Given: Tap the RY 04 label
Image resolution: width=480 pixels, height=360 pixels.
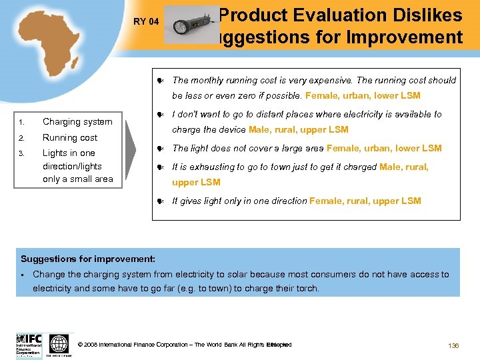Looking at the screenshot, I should (146, 22).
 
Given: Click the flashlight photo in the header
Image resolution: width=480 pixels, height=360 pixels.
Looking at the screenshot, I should (191, 25).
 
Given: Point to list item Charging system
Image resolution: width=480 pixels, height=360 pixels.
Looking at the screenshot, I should (77, 122).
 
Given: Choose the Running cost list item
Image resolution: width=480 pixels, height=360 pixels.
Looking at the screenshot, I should (70, 137).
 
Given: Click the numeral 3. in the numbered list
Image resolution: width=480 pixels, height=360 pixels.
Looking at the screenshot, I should (22, 154).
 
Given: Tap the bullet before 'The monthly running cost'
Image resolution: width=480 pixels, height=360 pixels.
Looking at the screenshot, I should (161, 81).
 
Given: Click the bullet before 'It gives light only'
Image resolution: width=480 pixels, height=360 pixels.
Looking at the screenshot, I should (161, 201).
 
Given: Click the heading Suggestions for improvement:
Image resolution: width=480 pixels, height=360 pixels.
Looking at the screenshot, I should (88, 259).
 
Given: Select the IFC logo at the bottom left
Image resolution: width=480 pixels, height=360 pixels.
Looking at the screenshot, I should (29, 344).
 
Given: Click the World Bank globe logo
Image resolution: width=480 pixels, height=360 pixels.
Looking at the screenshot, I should (59, 344).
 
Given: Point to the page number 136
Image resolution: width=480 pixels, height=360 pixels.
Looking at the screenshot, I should (453, 345).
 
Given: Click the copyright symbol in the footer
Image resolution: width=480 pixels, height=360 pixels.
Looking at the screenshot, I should (81, 345).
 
